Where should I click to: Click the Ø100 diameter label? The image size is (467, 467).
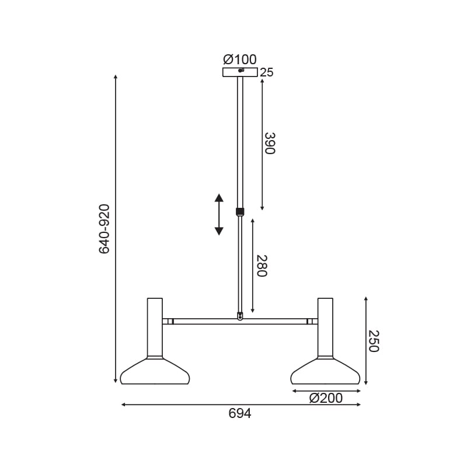pyautogui.click(x=240, y=60)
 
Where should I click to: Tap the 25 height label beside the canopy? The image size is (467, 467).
pyautogui.click(x=267, y=72)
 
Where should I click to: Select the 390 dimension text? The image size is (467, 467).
pyautogui.click(x=270, y=143)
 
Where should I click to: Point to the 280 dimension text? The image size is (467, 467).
pyautogui.click(x=262, y=266)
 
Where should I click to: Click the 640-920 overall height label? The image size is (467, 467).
pyautogui.click(x=104, y=229)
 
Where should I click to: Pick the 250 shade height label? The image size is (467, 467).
pyautogui.click(x=374, y=341)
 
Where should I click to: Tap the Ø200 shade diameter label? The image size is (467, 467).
pyautogui.click(x=326, y=398)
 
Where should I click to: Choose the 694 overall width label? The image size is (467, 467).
pyautogui.click(x=240, y=413)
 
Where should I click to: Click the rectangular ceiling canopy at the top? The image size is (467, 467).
pyautogui.click(x=240, y=72)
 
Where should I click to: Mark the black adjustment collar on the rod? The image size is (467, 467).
pyautogui.click(x=240, y=212)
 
